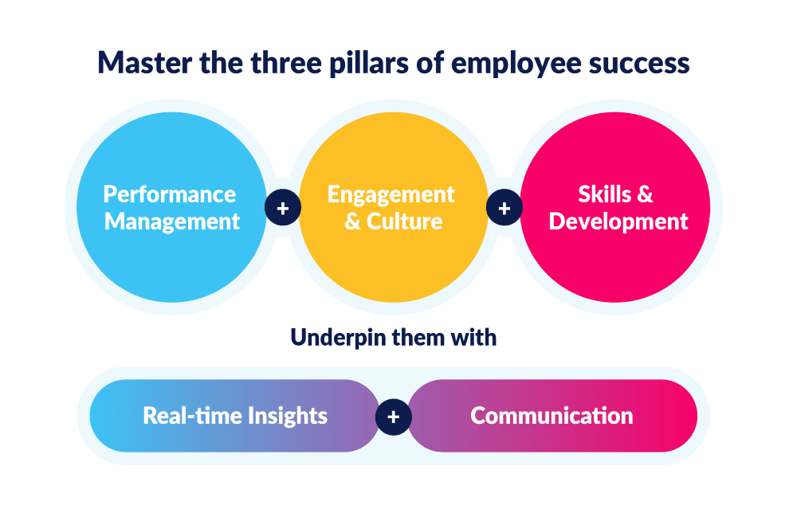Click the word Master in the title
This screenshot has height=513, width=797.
[145, 63]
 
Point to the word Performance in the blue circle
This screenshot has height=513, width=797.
[170, 194]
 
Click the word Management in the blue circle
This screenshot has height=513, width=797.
[172, 222]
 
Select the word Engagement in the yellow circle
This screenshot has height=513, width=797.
[391, 195]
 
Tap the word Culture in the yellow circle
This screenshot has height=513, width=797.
[405, 221]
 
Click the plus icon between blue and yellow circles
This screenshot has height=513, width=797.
[283, 208]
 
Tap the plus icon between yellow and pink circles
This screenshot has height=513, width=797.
[505, 208]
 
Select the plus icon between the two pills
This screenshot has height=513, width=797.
[394, 417]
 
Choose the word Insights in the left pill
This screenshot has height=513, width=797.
[288, 417]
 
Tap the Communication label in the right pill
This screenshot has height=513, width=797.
[552, 416]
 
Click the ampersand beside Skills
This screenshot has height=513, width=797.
[645, 194]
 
